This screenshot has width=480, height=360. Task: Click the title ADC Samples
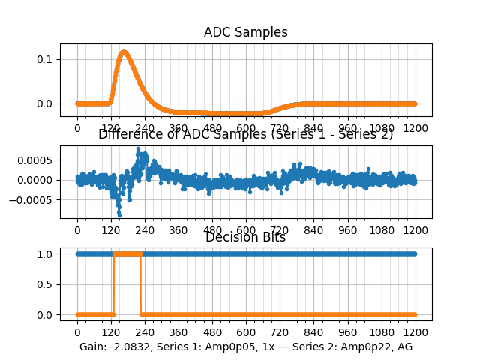point(245,32)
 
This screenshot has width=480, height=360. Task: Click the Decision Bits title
point(245,238)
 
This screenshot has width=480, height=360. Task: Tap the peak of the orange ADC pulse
point(123,52)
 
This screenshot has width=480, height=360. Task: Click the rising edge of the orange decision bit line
point(113,284)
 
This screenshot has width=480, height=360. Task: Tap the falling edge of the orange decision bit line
point(142,284)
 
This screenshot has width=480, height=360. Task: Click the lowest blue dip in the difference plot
point(118,214)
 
